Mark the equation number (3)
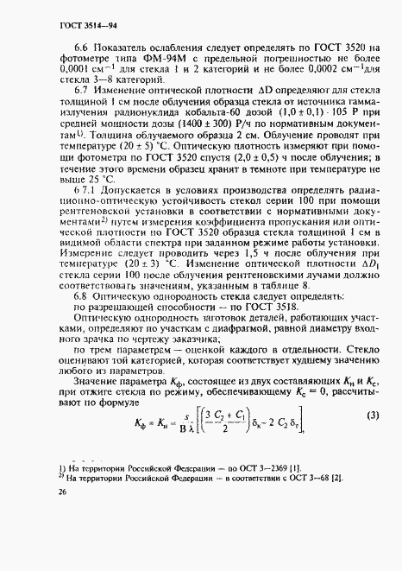pos(373,416)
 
